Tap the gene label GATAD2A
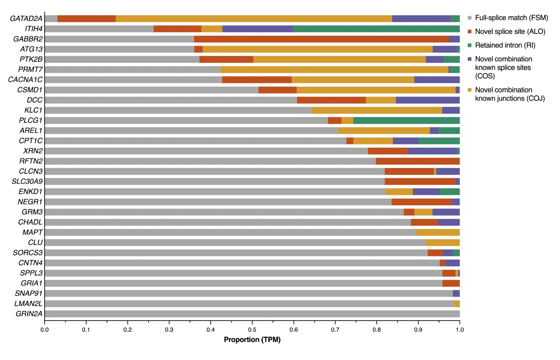[26, 18]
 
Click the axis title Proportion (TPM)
[252, 340]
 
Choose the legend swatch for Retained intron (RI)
[470, 45]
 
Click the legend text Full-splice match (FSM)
[511, 18]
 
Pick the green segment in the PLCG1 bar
[406, 121]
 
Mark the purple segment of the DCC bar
[428, 100]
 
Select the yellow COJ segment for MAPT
[438, 232]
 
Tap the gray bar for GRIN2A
[252, 314]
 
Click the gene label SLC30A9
[27, 181]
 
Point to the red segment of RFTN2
[417, 161]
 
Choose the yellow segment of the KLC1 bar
[377, 110]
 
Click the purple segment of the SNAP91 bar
[456, 293]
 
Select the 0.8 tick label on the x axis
[377, 329]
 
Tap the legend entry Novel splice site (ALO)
[510, 32]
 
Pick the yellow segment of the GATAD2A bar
[254, 19]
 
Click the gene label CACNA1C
[25, 80]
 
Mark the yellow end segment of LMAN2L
[457, 304]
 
